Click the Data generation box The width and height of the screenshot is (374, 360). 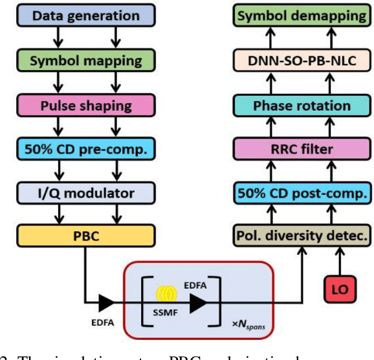[85, 16]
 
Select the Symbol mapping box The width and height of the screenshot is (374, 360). [85, 60]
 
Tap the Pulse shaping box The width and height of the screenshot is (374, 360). [85, 106]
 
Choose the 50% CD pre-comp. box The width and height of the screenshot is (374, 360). [85, 150]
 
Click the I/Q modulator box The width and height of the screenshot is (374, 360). [85, 194]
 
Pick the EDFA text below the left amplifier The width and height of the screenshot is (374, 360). [105, 321]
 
